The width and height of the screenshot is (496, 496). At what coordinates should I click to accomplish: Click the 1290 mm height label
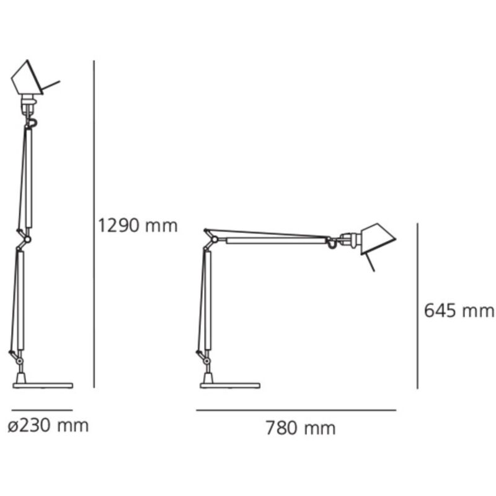(x=138, y=226)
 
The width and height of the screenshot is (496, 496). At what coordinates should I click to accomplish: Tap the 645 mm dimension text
(x=459, y=311)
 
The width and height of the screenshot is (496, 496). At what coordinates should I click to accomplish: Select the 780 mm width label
(x=301, y=428)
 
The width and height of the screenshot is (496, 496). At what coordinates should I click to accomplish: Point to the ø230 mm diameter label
(x=48, y=426)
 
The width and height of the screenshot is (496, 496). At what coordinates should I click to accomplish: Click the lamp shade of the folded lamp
(x=378, y=239)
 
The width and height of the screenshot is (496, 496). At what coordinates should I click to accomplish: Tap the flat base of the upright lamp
(x=43, y=386)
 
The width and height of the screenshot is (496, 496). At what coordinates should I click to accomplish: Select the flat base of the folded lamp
(x=230, y=386)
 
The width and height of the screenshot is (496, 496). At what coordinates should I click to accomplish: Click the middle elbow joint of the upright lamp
(x=27, y=239)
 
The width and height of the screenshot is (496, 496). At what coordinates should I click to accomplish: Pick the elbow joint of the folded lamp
(x=215, y=239)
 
